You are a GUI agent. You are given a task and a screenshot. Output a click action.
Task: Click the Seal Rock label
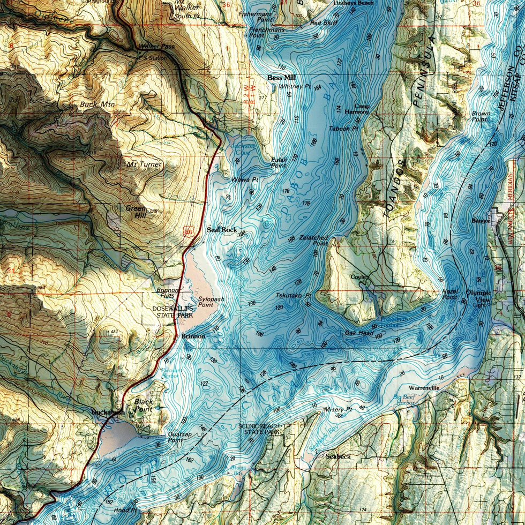pos(222,230)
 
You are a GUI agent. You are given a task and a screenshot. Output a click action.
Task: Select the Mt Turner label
pos(143,164)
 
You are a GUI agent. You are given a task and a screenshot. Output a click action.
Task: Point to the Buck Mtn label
pos(94,104)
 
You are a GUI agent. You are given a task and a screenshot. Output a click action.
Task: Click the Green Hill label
pos(136,212)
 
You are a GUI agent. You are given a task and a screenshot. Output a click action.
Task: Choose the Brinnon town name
pos(193,336)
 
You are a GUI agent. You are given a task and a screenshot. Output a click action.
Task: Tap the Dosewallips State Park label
pos(172,312)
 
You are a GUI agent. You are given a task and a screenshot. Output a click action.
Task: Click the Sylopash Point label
pos(209,302)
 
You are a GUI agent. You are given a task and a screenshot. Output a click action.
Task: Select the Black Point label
pos(144,404)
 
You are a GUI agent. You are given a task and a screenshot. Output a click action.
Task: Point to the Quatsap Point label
pos(176,437)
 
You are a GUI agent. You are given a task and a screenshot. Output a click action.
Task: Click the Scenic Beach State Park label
pos(259,429)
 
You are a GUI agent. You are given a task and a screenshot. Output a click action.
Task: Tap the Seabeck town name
pos(337,456)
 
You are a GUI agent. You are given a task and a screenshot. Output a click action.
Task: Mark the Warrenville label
pos(424,387)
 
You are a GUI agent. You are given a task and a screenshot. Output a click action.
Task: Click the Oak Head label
pos(359,333)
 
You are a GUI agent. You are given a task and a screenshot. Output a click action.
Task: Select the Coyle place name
pos(357,277)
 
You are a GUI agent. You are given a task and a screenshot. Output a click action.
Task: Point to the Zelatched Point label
pos(314,240)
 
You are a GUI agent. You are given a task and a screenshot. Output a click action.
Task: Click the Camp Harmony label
pos(362,109)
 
